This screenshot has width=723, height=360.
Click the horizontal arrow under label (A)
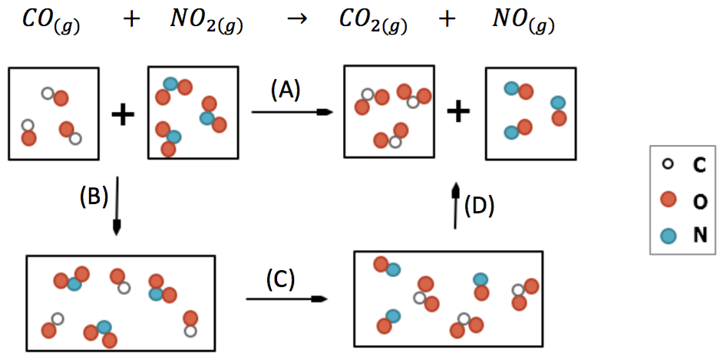click(x=292, y=113)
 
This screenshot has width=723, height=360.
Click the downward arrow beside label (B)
click(x=117, y=207)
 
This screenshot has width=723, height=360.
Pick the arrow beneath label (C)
click(x=283, y=299)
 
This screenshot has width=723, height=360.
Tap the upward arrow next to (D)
click(x=455, y=206)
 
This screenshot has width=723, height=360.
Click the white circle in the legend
click(x=668, y=163)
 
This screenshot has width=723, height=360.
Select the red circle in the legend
click(x=668, y=200)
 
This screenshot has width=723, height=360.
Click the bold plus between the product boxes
click(x=458, y=112)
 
